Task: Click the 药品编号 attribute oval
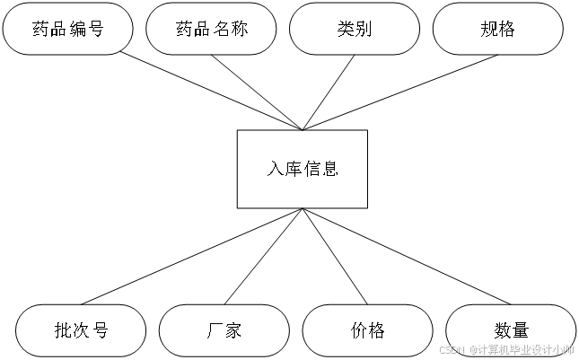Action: [x=67, y=29]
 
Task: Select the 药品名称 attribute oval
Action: [x=211, y=29]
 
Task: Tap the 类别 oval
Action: [x=355, y=29]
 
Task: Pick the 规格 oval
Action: [x=497, y=29]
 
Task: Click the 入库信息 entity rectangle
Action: [x=303, y=169]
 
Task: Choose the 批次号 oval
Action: [x=81, y=330]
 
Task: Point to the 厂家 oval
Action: [x=224, y=330]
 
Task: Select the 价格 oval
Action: [x=367, y=330]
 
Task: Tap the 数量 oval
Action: [x=511, y=330]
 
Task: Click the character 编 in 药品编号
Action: [x=77, y=29]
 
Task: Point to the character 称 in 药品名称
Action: [x=240, y=29]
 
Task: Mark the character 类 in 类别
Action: [x=346, y=29]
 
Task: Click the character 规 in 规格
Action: [x=488, y=29]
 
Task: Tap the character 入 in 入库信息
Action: [x=275, y=169]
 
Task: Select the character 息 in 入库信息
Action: [x=330, y=169]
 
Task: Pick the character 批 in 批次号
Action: [x=62, y=330]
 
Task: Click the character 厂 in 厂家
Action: [x=215, y=330]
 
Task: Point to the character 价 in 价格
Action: [x=358, y=330]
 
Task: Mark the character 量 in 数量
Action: [x=520, y=330]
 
